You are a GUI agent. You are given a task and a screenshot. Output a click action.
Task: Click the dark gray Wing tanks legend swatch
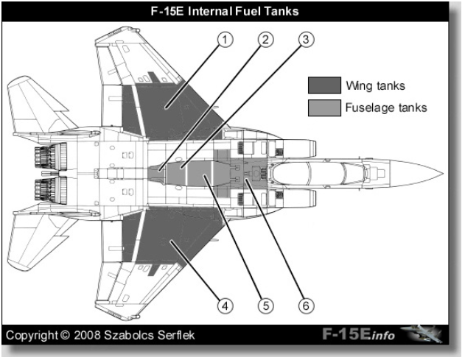tap(324, 85)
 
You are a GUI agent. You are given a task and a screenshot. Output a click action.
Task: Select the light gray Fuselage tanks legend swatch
tap(324, 107)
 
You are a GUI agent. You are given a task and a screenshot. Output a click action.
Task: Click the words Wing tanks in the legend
tap(376, 85)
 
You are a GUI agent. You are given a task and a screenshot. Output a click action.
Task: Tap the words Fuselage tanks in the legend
tap(386, 107)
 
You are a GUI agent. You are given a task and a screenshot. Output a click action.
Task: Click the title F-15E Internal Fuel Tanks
tap(232, 11)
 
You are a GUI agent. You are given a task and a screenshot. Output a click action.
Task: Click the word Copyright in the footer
tap(32, 336)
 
